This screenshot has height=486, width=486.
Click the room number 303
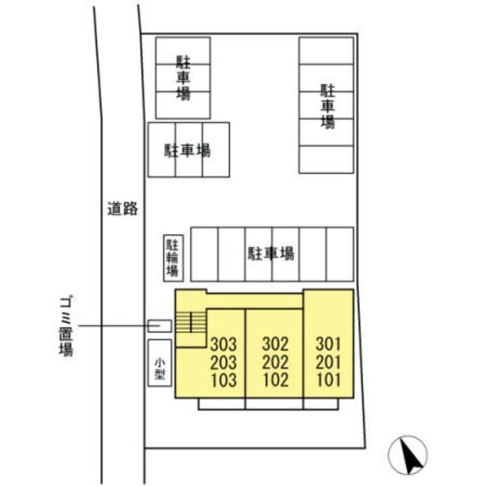(223, 344)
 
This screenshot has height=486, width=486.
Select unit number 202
(276, 362)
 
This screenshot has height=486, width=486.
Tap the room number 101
(328, 380)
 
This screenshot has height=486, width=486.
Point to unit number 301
(328, 344)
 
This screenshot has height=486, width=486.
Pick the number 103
(224, 380)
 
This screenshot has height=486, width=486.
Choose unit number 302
(276, 344)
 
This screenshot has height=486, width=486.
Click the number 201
(328, 362)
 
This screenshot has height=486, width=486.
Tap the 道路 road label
(122, 209)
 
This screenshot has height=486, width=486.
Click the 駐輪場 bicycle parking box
(173, 258)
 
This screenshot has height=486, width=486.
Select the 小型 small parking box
(159, 363)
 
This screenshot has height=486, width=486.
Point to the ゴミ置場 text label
(66, 327)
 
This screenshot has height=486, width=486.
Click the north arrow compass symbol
(408, 455)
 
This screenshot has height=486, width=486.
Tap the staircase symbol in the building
(191, 322)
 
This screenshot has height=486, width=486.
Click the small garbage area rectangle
(159, 326)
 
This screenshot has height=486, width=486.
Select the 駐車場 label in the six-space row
(271, 254)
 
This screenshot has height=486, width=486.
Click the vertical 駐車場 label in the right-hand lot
(327, 106)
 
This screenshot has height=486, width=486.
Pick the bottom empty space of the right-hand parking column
(326, 159)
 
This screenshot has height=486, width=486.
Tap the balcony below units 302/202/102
(274, 404)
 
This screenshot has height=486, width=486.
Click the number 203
(223, 362)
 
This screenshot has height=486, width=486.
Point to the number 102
(276, 380)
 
